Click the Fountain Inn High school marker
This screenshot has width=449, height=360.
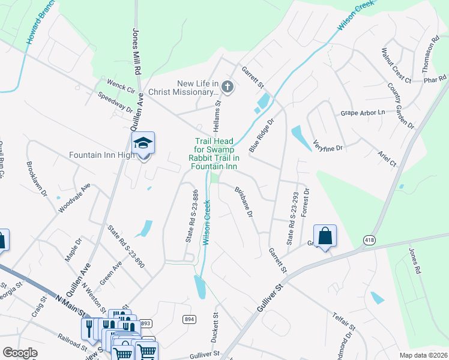[143, 143]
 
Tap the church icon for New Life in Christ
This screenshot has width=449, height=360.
[227, 88]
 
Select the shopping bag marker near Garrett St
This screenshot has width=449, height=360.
[325, 236]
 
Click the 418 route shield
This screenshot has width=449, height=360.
[368, 240]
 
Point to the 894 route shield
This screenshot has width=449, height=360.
[190, 319]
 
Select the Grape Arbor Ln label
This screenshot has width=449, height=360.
[363, 112]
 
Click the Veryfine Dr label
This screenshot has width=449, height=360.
[327, 143]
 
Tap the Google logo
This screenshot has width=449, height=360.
[20, 353]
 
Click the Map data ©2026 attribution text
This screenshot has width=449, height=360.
[423, 355]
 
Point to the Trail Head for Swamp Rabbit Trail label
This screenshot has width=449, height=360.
[216, 154]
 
